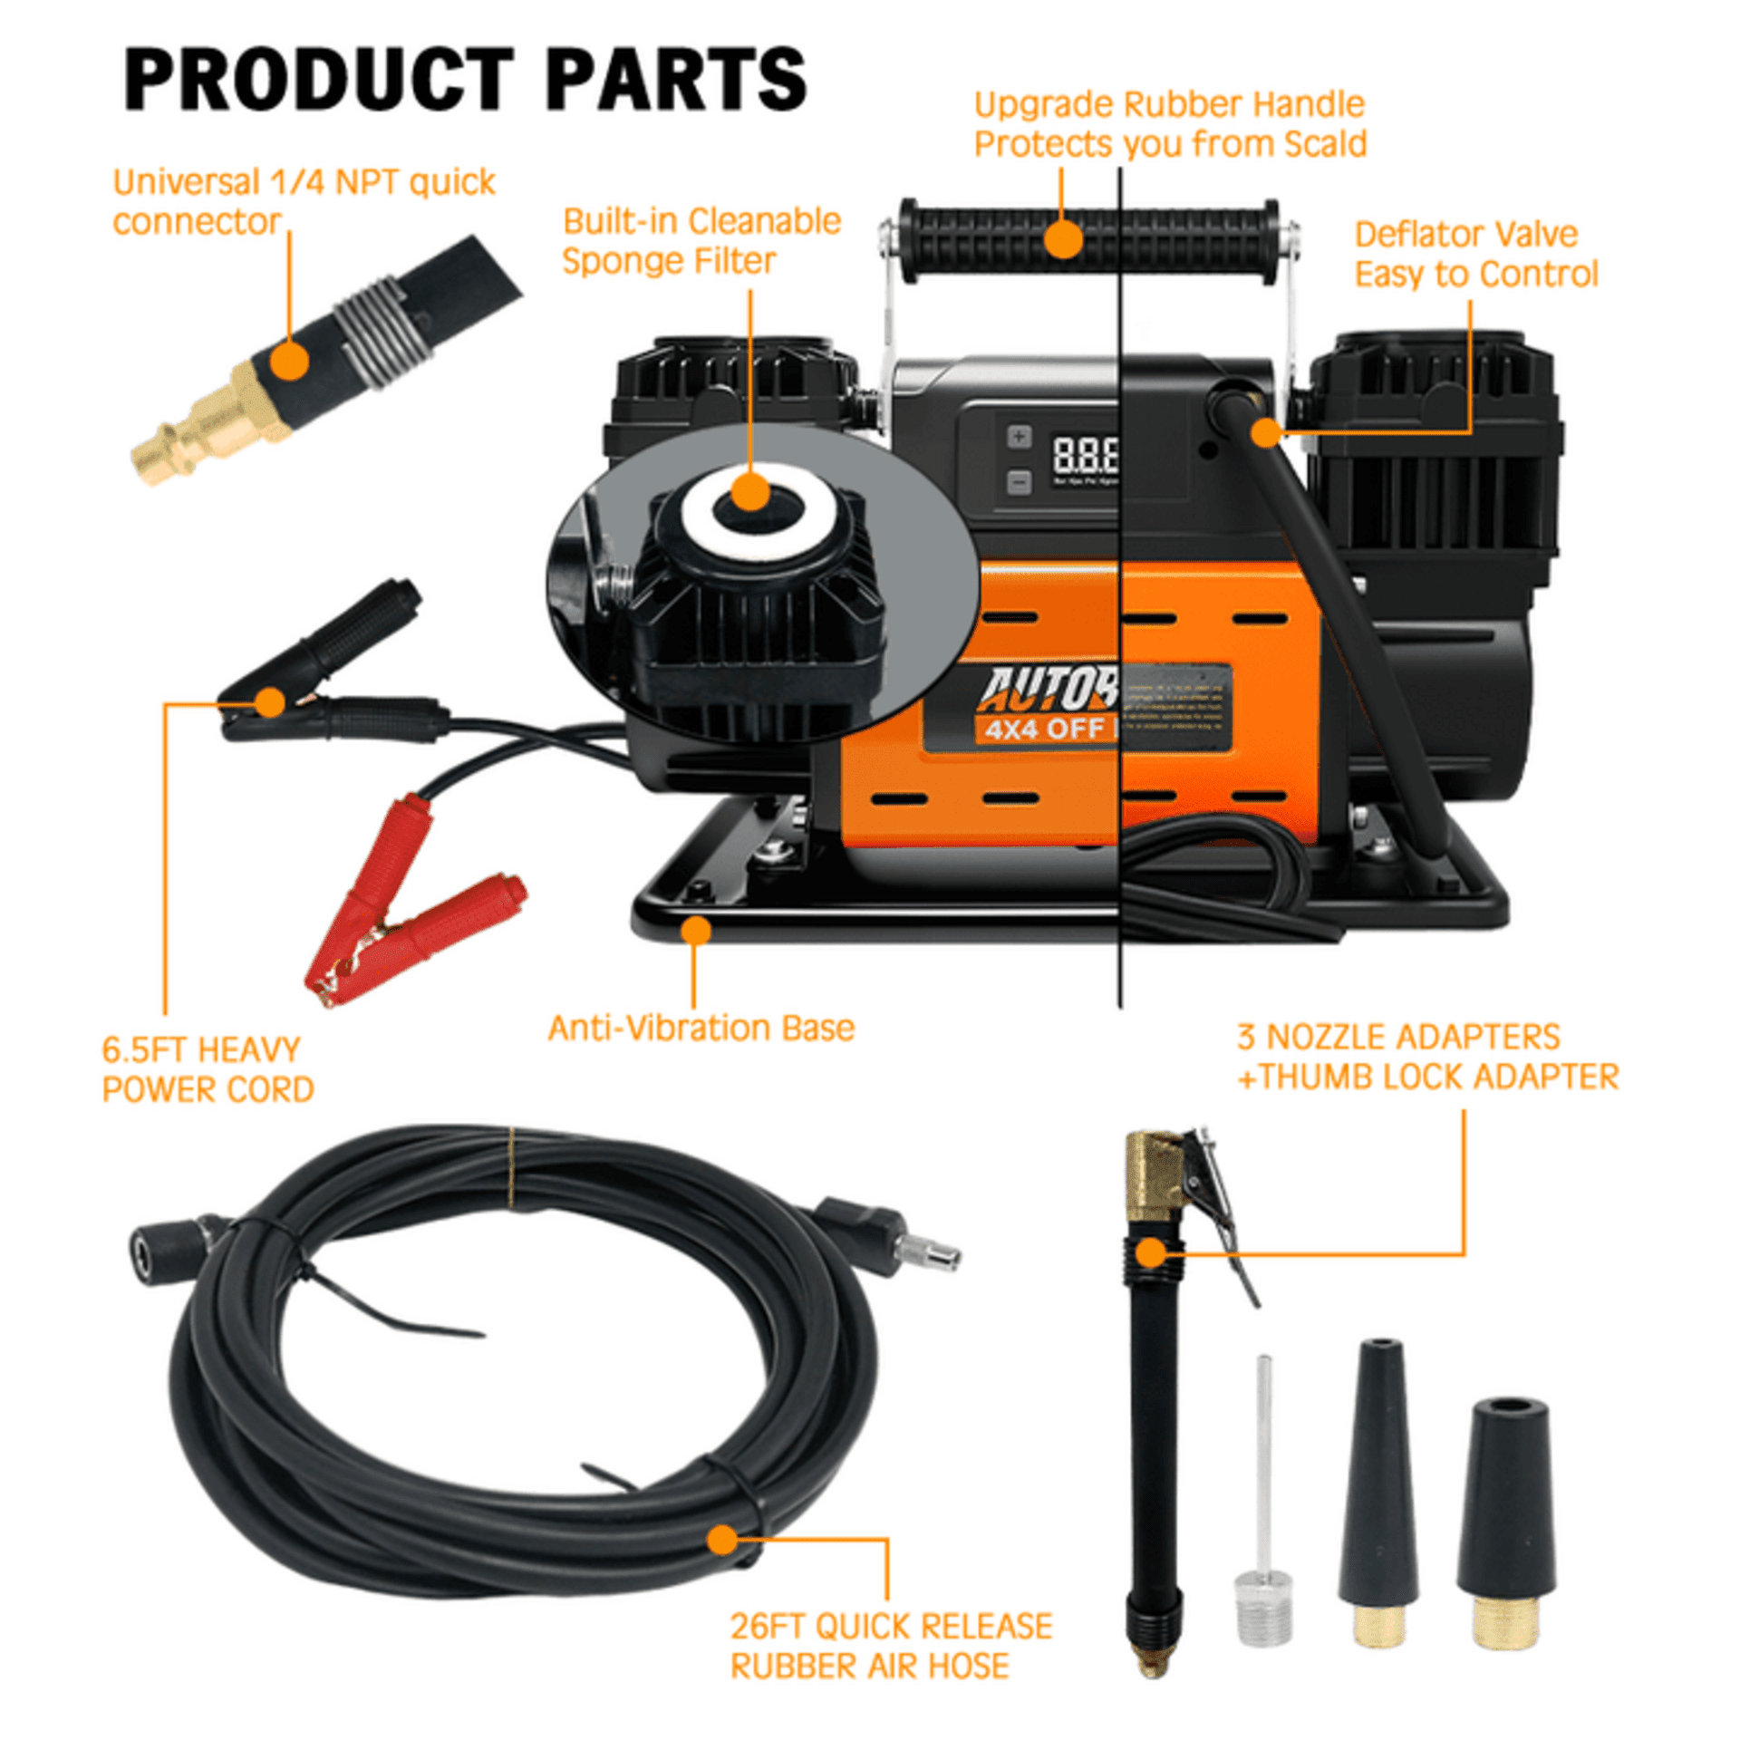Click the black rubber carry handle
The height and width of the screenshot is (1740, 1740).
[x=1087, y=237]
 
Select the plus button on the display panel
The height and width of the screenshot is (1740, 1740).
[x=1019, y=437]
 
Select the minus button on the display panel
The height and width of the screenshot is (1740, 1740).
[x=1019, y=482]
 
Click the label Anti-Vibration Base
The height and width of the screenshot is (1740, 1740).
[x=701, y=1028]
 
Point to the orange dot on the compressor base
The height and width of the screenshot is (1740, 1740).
[x=695, y=930]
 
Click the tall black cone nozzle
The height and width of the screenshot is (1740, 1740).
[x=1378, y=1486]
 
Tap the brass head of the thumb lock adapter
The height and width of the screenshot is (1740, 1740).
[x=1153, y=1169]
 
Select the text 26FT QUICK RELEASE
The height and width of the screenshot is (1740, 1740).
[x=891, y=1627]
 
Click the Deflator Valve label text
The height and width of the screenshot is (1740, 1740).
[x=1465, y=234]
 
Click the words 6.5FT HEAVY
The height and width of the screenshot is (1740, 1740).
[x=200, y=1049]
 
